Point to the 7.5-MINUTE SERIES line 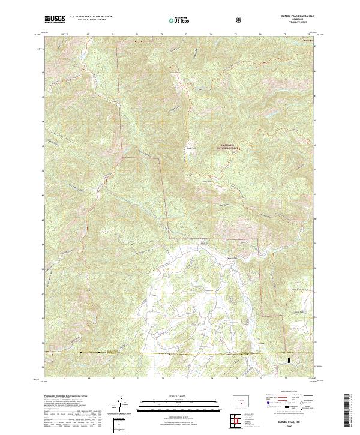point(293,22)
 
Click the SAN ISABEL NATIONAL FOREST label point(230,146)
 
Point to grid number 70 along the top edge point(113,35)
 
